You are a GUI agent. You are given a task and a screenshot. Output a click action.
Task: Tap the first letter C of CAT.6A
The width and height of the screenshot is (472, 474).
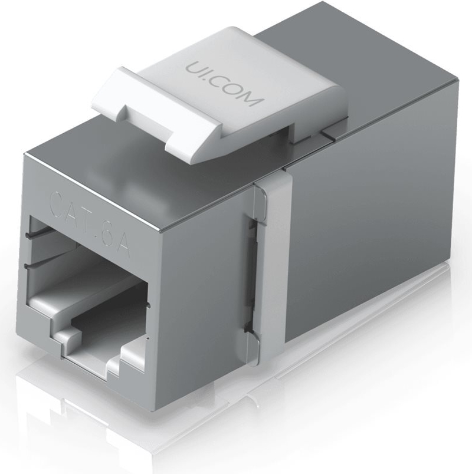tap(57, 201)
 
